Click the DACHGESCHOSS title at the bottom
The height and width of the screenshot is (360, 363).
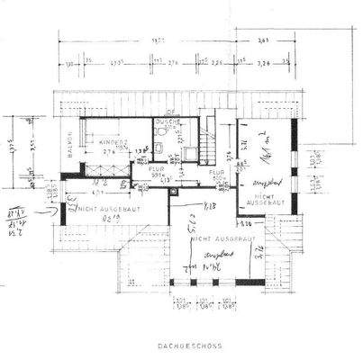pos(182,345)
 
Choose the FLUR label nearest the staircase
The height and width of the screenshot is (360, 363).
pos(216,171)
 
